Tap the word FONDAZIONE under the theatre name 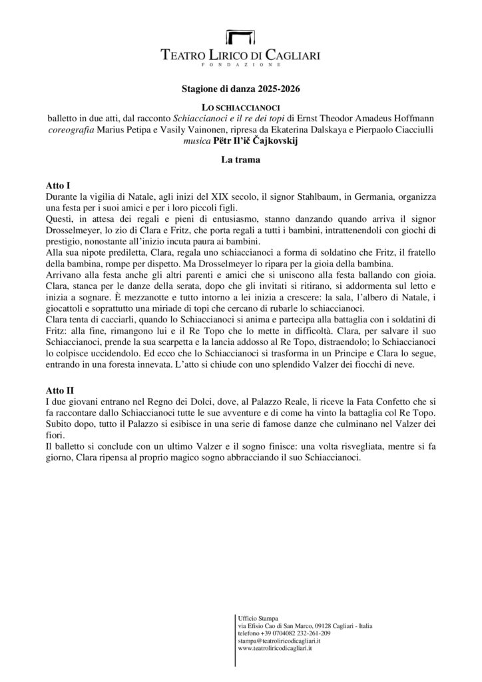click(240, 65)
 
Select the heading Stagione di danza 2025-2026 click(240, 88)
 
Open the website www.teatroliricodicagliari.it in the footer click(275, 649)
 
